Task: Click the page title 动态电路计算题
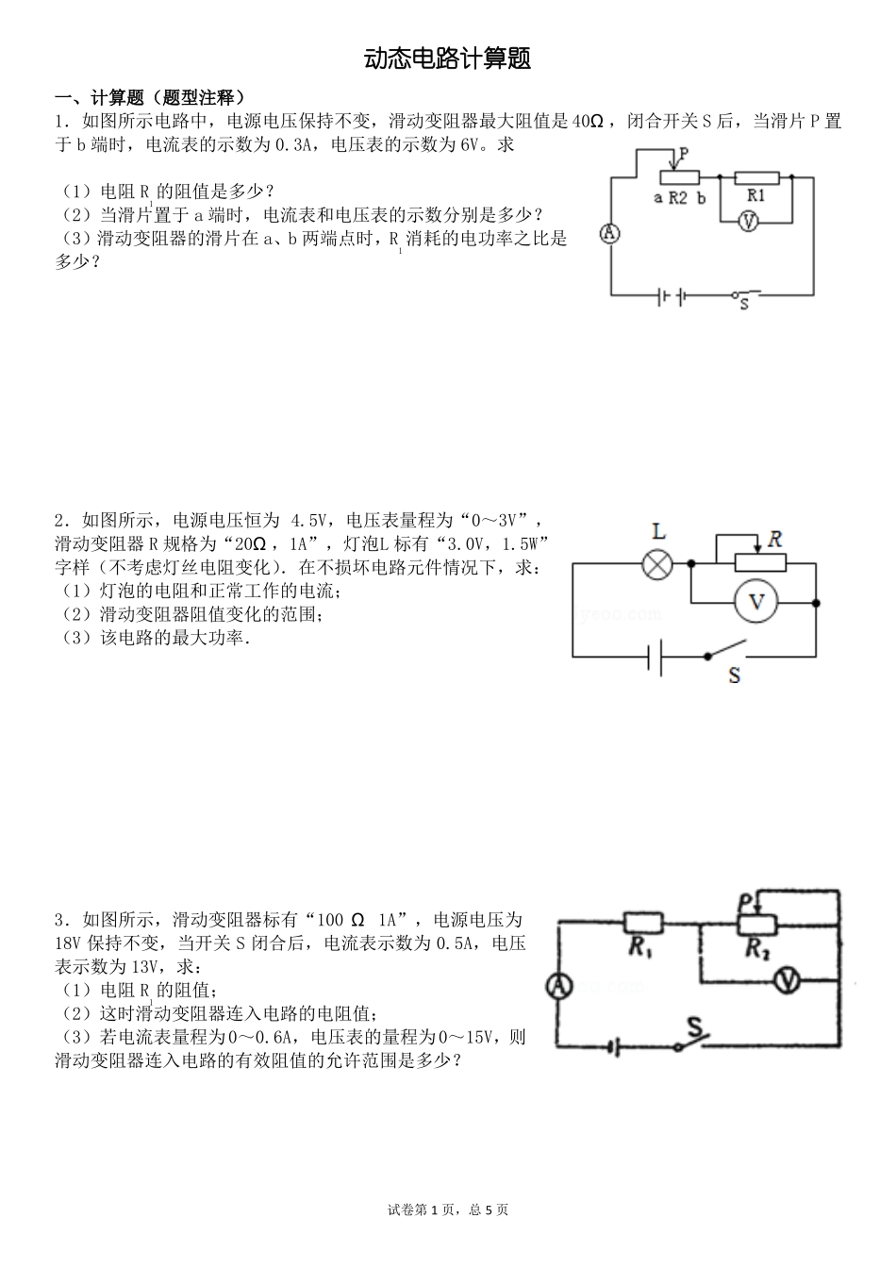point(448,59)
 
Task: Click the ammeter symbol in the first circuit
point(610,233)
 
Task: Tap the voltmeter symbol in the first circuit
point(749,221)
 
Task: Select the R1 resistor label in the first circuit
point(755,195)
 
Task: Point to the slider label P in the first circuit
point(683,152)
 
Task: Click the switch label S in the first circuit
point(743,305)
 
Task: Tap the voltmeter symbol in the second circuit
point(755,602)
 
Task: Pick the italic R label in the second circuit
point(774,540)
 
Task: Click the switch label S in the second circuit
point(734,676)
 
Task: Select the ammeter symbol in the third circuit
point(558,986)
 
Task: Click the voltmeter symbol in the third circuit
point(787,982)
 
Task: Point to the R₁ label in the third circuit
point(641,949)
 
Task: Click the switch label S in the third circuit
point(695,1026)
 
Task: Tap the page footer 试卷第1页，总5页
point(448,1210)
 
